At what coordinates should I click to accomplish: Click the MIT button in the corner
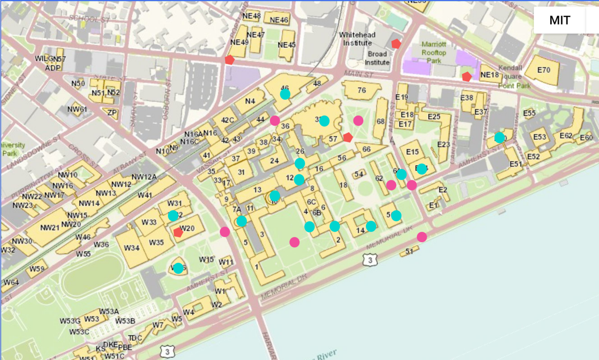pyautogui.click(x=559, y=20)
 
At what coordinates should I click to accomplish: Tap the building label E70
pyautogui.click(x=543, y=70)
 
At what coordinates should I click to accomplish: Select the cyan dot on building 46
pyautogui.click(x=285, y=94)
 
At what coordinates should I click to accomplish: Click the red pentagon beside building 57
pyautogui.click(x=348, y=137)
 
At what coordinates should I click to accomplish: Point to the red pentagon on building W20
pyautogui.click(x=178, y=232)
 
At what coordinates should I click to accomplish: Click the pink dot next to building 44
pyautogui.click(x=275, y=121)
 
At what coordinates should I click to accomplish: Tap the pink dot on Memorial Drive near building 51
pyautogui.click(x=422, y=237)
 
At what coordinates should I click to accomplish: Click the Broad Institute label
pyautogui.click(x=377, y=58)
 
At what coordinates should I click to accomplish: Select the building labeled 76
pyautogui.click(x=362, y=90)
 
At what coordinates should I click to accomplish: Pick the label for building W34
pyautogui.click(x=132, y=247)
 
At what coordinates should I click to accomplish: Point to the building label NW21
pyautogui.click(x=50, y=228)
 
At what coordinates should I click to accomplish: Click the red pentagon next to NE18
pyautogui.click(x=467, y=77)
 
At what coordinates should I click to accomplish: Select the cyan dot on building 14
pyautogui.click(x=371, y=226)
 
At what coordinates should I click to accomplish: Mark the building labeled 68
pyautogui.click(x=381, y=122)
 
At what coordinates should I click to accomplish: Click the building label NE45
pyautogui.click(x=286, y=45)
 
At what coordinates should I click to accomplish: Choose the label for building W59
pyautogui.click(x=37, y=269)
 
